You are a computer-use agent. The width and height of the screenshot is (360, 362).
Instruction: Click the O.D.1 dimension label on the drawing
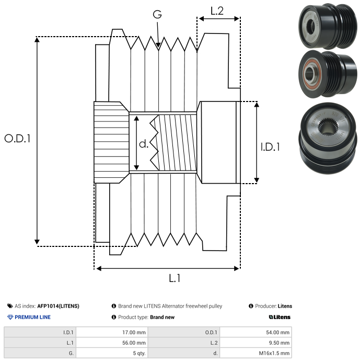[x=17, y=138]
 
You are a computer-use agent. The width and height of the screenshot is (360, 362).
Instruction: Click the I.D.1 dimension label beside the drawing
[x=270, y=147]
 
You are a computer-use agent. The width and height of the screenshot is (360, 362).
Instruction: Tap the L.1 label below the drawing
[x=175, y=278]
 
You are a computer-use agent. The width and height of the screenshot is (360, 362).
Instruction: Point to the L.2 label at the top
[x=217, y=11]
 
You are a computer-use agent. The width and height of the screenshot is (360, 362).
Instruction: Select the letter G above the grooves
[x=157, y=14]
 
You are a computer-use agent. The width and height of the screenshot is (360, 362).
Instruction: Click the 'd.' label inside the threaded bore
[x=144, y=144]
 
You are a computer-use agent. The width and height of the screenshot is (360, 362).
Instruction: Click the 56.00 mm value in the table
[x=134, y=343]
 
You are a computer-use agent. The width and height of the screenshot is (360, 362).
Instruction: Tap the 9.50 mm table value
[x=279, y=343]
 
